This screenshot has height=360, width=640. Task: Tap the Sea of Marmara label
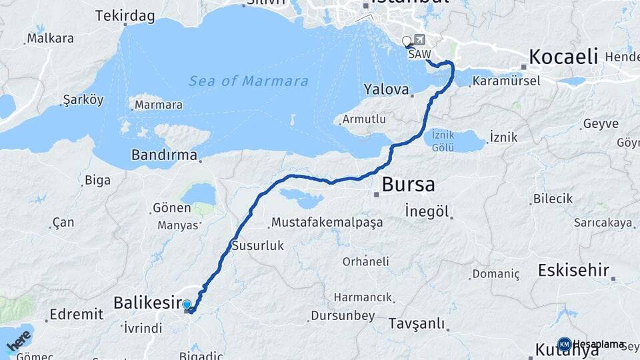248,81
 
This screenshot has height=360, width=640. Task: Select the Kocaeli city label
563,57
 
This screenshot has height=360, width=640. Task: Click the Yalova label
386,89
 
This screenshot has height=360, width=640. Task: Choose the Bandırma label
164,155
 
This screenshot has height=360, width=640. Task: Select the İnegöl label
426,211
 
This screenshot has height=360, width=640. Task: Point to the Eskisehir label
573,271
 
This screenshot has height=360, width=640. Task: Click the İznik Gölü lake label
443,140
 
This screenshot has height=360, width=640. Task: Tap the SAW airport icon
419,39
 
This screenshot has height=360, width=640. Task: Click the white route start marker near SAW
407,42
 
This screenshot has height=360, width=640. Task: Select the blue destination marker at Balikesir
187,305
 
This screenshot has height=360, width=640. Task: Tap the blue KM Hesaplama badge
564,344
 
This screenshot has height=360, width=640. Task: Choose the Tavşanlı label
416,324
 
